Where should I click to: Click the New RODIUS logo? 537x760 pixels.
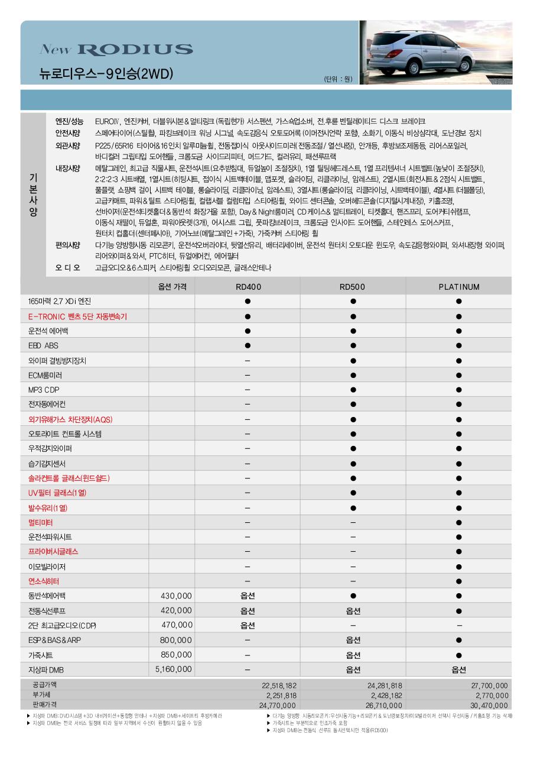click(116, 50)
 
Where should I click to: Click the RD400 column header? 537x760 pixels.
click(248, 287)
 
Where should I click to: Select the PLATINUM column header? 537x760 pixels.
click(459, 287)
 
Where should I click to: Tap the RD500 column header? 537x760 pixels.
click(353, 287)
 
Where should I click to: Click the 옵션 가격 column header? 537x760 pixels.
click(173, 287)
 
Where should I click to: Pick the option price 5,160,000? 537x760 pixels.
click(174, 669)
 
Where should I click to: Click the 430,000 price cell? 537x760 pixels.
click(177, 596)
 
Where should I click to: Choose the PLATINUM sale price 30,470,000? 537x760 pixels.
click(489, 705)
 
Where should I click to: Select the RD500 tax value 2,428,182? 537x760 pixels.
click(385, 695)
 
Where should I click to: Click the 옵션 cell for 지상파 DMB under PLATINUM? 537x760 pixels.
click(459, 670)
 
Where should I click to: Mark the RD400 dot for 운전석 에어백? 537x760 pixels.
click(248, 331)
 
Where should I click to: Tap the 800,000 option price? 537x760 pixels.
click(176, 639)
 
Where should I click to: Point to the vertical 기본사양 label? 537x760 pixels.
click(33, 195)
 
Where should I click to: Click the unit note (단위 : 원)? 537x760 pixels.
click(338, 79)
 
